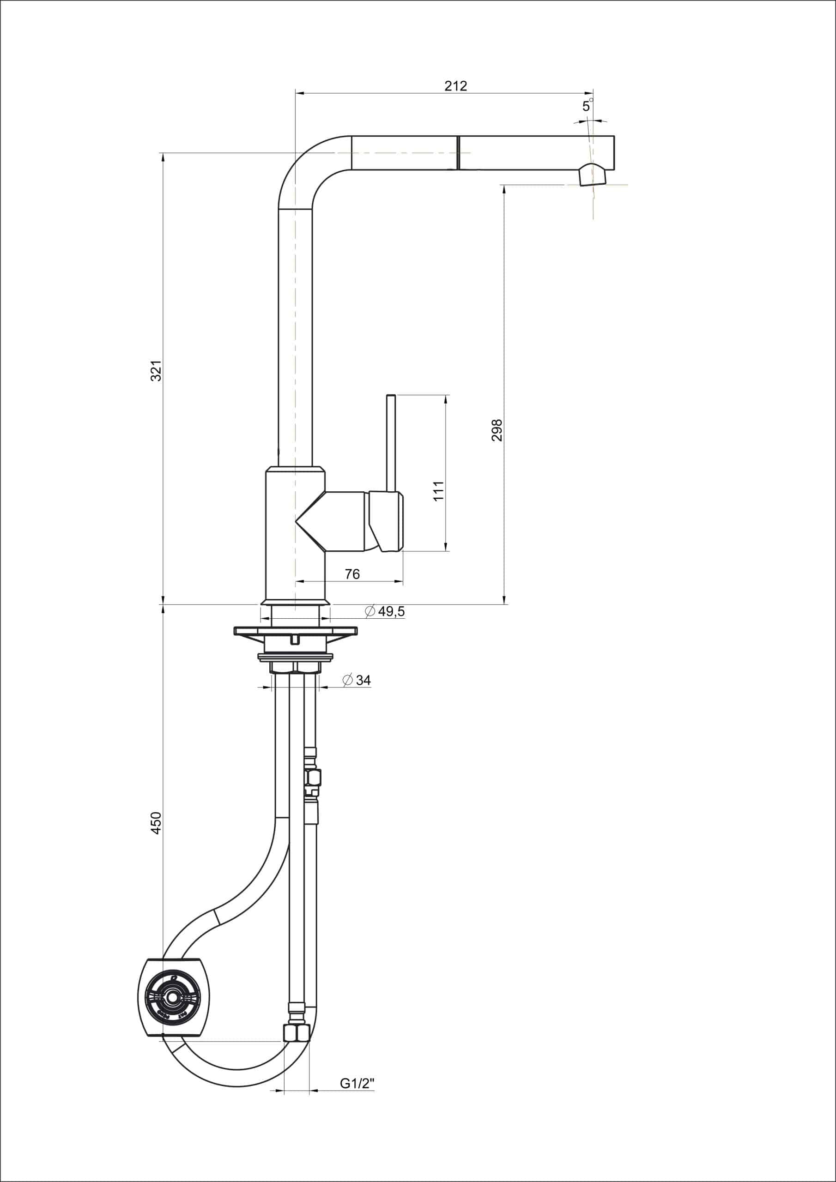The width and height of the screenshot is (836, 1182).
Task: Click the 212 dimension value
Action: pyautogui.click(x=455, y=86)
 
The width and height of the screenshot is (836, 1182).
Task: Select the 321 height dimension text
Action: pyautogui.click(x=156, y=371)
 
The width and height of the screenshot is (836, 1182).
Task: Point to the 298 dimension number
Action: pyautogui.click(x=497, y=430)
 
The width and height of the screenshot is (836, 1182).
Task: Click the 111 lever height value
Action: pyautogui.click(x=438, y=491)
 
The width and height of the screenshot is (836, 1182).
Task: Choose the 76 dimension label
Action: pyautogui.click(x=352, y=574)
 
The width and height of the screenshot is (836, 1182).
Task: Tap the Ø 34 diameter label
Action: pyautogui.click(x=357, y=680)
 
